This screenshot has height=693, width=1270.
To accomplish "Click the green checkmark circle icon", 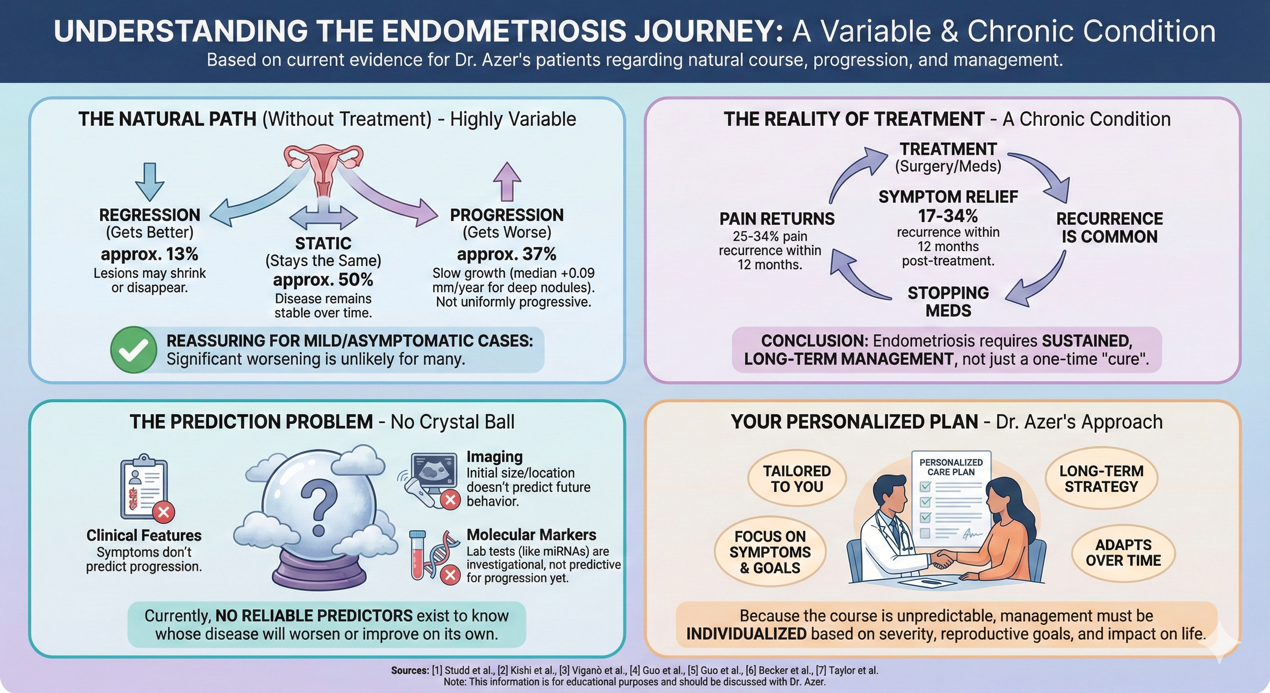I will tap(134, 350).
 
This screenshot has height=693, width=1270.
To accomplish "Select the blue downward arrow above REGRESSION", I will tap(149, 182).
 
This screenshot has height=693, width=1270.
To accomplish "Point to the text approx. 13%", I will tap(149, 254).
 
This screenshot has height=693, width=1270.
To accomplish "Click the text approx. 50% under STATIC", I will tap(323, 280).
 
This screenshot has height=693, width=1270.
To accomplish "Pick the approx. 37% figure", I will tap(506, 254).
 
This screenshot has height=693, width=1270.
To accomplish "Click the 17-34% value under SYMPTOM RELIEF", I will tap(948, 216).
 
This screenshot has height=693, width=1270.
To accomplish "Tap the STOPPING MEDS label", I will tap(948, 301).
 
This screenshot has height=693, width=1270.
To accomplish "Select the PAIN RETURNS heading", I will tap(777, 219).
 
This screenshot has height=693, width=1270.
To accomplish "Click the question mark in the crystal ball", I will tap(319, 508).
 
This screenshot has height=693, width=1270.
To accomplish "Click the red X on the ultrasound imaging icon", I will tap(450, 500).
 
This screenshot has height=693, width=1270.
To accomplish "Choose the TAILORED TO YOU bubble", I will tap(797, 479).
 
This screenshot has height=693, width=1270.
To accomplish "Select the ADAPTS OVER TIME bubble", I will tap(1123, 553).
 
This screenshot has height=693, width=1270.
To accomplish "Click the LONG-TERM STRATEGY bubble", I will tap(1101, 479).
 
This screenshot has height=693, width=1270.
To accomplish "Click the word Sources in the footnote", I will tap(409, 671).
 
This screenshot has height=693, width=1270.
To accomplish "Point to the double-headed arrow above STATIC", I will tap(323, 218).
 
